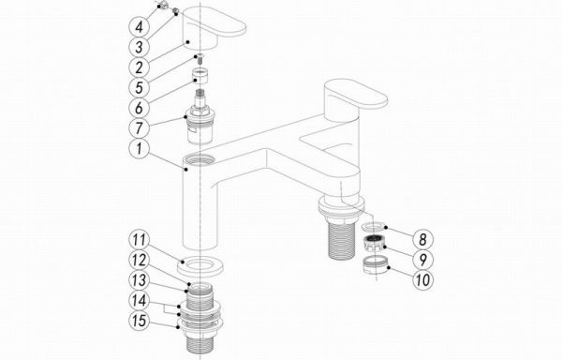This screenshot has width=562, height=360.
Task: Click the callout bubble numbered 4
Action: [x=139, y=26]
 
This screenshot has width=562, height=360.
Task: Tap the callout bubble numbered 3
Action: [x=139, y=47]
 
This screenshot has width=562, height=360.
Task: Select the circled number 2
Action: [x=139, y=67]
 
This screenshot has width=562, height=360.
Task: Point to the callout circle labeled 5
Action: [x=139, y=87]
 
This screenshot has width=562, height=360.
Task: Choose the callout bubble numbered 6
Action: [x=139, y=108]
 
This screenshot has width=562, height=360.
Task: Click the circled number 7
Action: [x=139, y=128]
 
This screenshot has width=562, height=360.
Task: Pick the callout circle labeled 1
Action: [x=139, y=148]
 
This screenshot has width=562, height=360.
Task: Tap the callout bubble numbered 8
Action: [x=423, y=239]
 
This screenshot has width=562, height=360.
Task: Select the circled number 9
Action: [x=423, y=260]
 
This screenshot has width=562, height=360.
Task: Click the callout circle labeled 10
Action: [x=423, y=279]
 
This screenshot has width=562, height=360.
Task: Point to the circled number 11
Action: [x=139, y=240]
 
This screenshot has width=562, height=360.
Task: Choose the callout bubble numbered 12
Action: [x=139, y=260]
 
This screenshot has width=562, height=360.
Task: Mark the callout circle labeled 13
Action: [x=139, y=280]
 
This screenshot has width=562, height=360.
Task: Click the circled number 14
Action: [x=139, y=301]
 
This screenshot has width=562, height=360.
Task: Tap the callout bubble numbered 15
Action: [x=139, y=321]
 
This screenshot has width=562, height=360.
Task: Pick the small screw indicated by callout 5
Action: [x=200, y=59]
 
